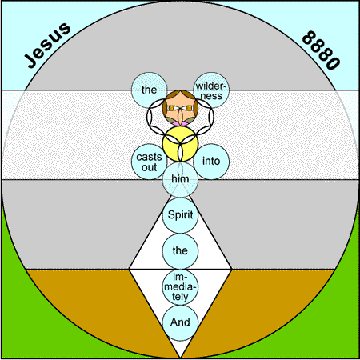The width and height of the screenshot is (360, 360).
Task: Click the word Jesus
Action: (47, 45)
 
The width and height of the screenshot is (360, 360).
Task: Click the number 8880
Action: (322, 50)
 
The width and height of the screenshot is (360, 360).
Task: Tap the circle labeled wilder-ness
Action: (211, 90)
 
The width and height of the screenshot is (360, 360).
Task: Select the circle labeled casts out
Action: (149, 162)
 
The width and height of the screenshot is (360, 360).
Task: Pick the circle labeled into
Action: (211, 162)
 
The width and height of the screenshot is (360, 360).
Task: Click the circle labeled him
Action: (180, 179)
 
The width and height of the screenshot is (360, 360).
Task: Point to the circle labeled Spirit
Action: (180, 215)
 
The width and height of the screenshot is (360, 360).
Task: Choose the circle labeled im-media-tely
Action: (180, 286)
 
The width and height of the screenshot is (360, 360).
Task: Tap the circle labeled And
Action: (180, 322)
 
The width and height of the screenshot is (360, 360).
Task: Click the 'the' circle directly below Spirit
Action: (180, 251)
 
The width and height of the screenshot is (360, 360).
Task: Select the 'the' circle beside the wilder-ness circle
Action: (149, 90)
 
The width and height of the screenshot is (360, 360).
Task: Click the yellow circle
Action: (180, 144)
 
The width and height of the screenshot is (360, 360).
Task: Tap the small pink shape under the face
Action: (180, 124)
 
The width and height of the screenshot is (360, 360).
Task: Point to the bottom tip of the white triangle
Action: (180, 358)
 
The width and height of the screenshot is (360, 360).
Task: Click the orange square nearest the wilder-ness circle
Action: (190, 108)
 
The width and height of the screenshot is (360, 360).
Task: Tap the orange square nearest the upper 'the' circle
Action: (171, 108)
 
